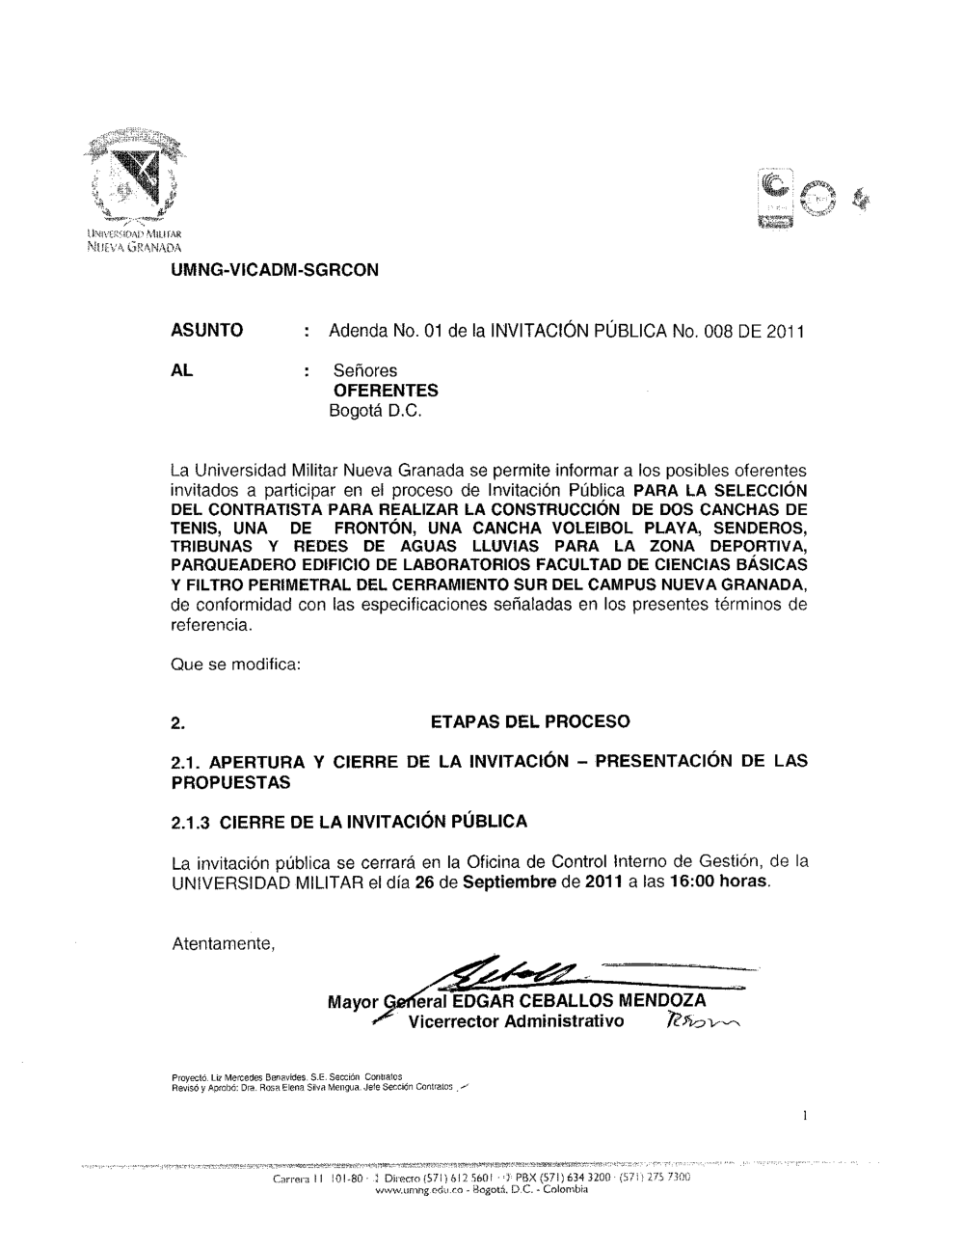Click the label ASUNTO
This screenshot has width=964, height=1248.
(206, 331)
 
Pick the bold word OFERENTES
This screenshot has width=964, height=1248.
(385, 391)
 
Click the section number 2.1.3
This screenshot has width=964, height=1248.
(189, 823)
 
